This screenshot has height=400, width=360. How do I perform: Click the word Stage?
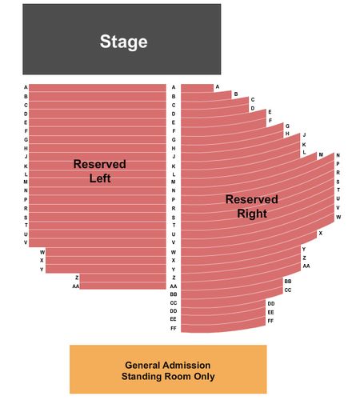click(124, 42)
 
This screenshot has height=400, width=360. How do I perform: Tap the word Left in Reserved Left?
click(100, 178)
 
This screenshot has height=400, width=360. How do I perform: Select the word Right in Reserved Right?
click(252, 214)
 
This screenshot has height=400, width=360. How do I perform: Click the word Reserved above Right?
click(252, 199)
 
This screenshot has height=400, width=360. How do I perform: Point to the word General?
click(142, 365)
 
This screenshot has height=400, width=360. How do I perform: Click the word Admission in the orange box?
click(186, 365)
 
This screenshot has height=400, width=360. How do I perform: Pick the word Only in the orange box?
click(204, 376)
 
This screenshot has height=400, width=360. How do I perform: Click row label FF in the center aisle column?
click(174, 328)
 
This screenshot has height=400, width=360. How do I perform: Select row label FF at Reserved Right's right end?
click(270, 321)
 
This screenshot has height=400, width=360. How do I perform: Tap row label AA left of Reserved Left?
click(76, 286)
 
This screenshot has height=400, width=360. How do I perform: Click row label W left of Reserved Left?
click(42, 252)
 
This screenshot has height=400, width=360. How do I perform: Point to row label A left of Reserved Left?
click(26, 87)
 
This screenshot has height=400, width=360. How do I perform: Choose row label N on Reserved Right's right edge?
click(338, 155)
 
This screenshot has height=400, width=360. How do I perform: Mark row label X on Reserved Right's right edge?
click(321, 233)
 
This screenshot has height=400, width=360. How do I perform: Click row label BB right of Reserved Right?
click(288, 282)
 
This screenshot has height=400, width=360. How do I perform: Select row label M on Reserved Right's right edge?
click(321, 154)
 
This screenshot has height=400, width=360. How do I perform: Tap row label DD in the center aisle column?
click(174, 311)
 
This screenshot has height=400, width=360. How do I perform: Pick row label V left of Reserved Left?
click(26, 242)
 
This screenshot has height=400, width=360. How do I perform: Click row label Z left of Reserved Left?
click(77, 278)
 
